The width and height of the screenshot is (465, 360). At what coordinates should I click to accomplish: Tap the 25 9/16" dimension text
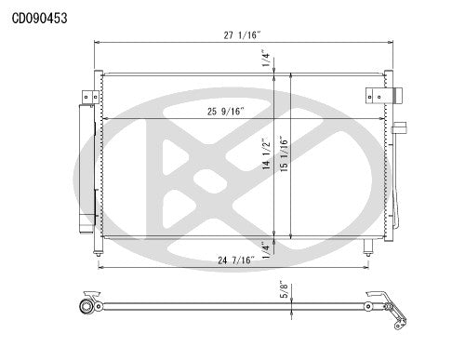pyautogui.click(x=227, y=113)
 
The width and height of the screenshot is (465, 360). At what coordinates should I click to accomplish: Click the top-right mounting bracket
pyautogui.click(x=378, y=95)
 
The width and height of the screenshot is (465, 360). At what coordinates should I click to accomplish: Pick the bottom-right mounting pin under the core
pyautogui.click(x=369, y=246)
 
